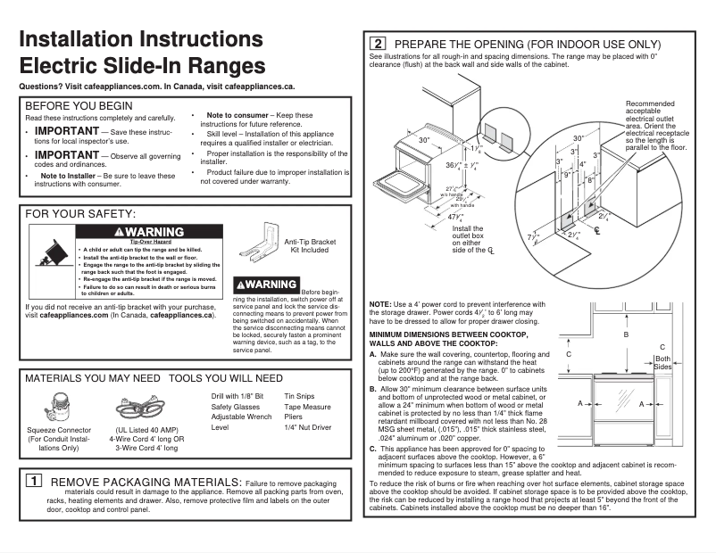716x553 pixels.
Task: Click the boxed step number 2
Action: [x=379, y=44]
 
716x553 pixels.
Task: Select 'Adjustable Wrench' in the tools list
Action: [x=241, y=417]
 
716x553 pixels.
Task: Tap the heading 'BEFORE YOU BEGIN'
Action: [x=79, y=105]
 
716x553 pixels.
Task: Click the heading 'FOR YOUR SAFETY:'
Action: [x=80, y=214]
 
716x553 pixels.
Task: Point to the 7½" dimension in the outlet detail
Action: [x=533, y=236]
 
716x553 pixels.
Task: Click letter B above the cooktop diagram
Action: [x=626, y=334]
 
